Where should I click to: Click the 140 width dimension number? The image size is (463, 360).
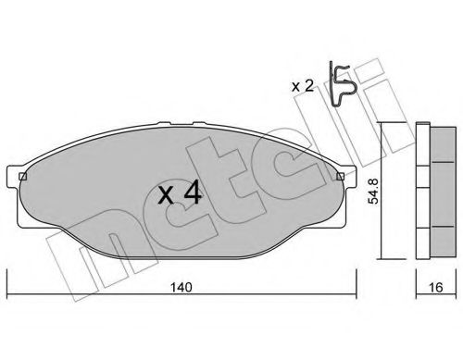tap(181, 287)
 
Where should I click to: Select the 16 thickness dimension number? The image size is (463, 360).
tap(436, 287)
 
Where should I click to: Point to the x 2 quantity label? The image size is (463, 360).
tap(303, 86)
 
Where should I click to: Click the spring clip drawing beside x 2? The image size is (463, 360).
tap(341, 84)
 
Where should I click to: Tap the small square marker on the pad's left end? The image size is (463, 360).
tap(22, 177)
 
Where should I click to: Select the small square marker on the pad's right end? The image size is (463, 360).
tap(340, 177)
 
